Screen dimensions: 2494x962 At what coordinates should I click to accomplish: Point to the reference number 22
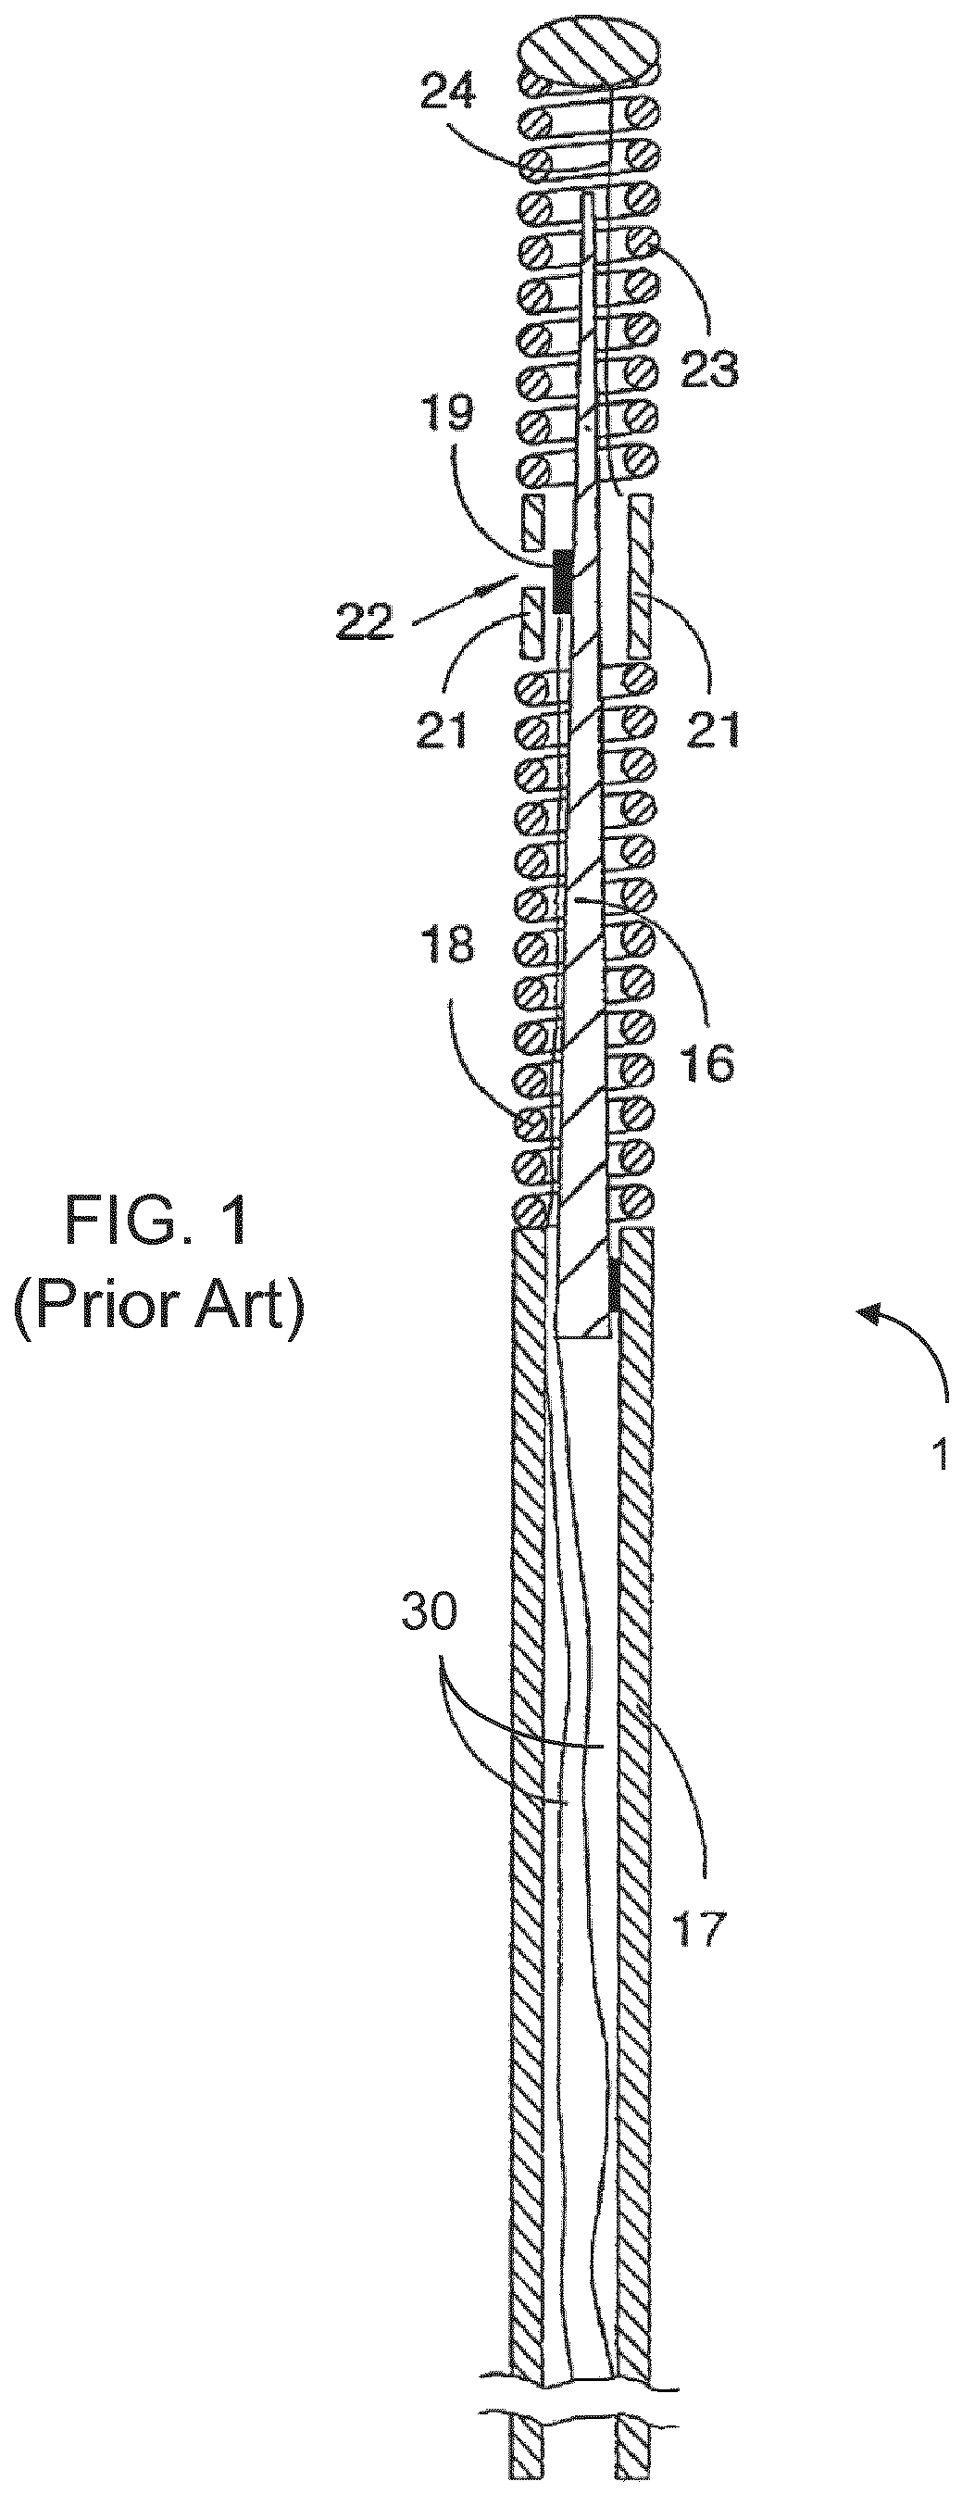[x=366, y=623]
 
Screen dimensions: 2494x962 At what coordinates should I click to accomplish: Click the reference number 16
[x=707, y=1061]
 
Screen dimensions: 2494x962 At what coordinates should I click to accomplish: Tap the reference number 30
[x=430, y=1614]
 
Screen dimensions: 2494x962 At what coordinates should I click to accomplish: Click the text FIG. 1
[x=156, y=1222]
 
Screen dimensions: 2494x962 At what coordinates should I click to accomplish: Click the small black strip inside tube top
[x=614, y=1284]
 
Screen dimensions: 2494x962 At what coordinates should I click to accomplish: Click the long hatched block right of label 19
[x=641, y=577]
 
